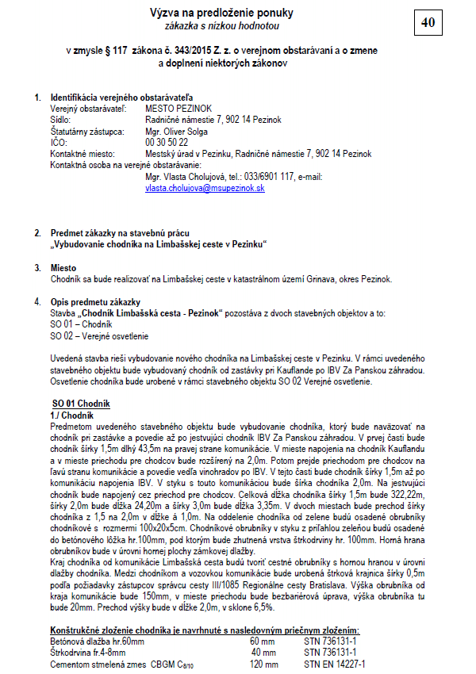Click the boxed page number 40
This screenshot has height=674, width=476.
click(x=428, y=23)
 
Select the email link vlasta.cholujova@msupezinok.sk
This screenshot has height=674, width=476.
click(x=205, y=190)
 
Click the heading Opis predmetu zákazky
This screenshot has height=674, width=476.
click(x=95, y=302)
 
